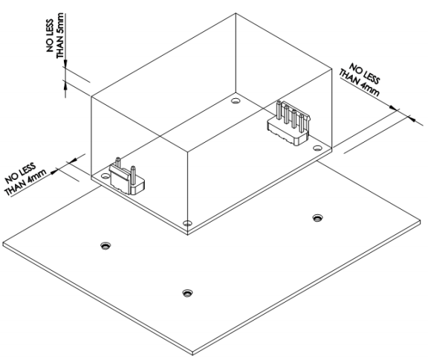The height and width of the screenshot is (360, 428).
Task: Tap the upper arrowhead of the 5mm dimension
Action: coord(65,64)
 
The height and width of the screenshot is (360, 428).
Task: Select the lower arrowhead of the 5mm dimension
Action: coord(65,85)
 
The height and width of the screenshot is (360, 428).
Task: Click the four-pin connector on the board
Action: coord(289,123)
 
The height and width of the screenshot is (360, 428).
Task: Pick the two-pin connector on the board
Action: coord(126,177)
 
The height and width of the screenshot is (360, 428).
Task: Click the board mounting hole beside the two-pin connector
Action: coord(105,176)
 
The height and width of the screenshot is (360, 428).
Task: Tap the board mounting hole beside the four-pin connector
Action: coord(317,148)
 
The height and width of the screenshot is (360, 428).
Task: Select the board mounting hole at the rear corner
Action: coord(235,101)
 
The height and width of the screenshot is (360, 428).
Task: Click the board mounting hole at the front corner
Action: coord(187,223)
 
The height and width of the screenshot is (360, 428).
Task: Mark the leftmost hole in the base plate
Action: coord(106,246)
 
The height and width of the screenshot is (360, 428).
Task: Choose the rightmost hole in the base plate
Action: coord(317,218)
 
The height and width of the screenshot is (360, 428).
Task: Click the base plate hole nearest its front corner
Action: coord(187,293)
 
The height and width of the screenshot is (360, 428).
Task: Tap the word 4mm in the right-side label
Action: coord(369,89)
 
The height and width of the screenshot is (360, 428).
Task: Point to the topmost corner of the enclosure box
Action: coord(236,13)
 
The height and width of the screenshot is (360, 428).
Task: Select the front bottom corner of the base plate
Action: coord(192,355)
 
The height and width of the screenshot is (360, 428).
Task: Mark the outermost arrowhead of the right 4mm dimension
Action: coord(411,119)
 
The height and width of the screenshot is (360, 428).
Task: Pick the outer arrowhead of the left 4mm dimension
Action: coord(54,171)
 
